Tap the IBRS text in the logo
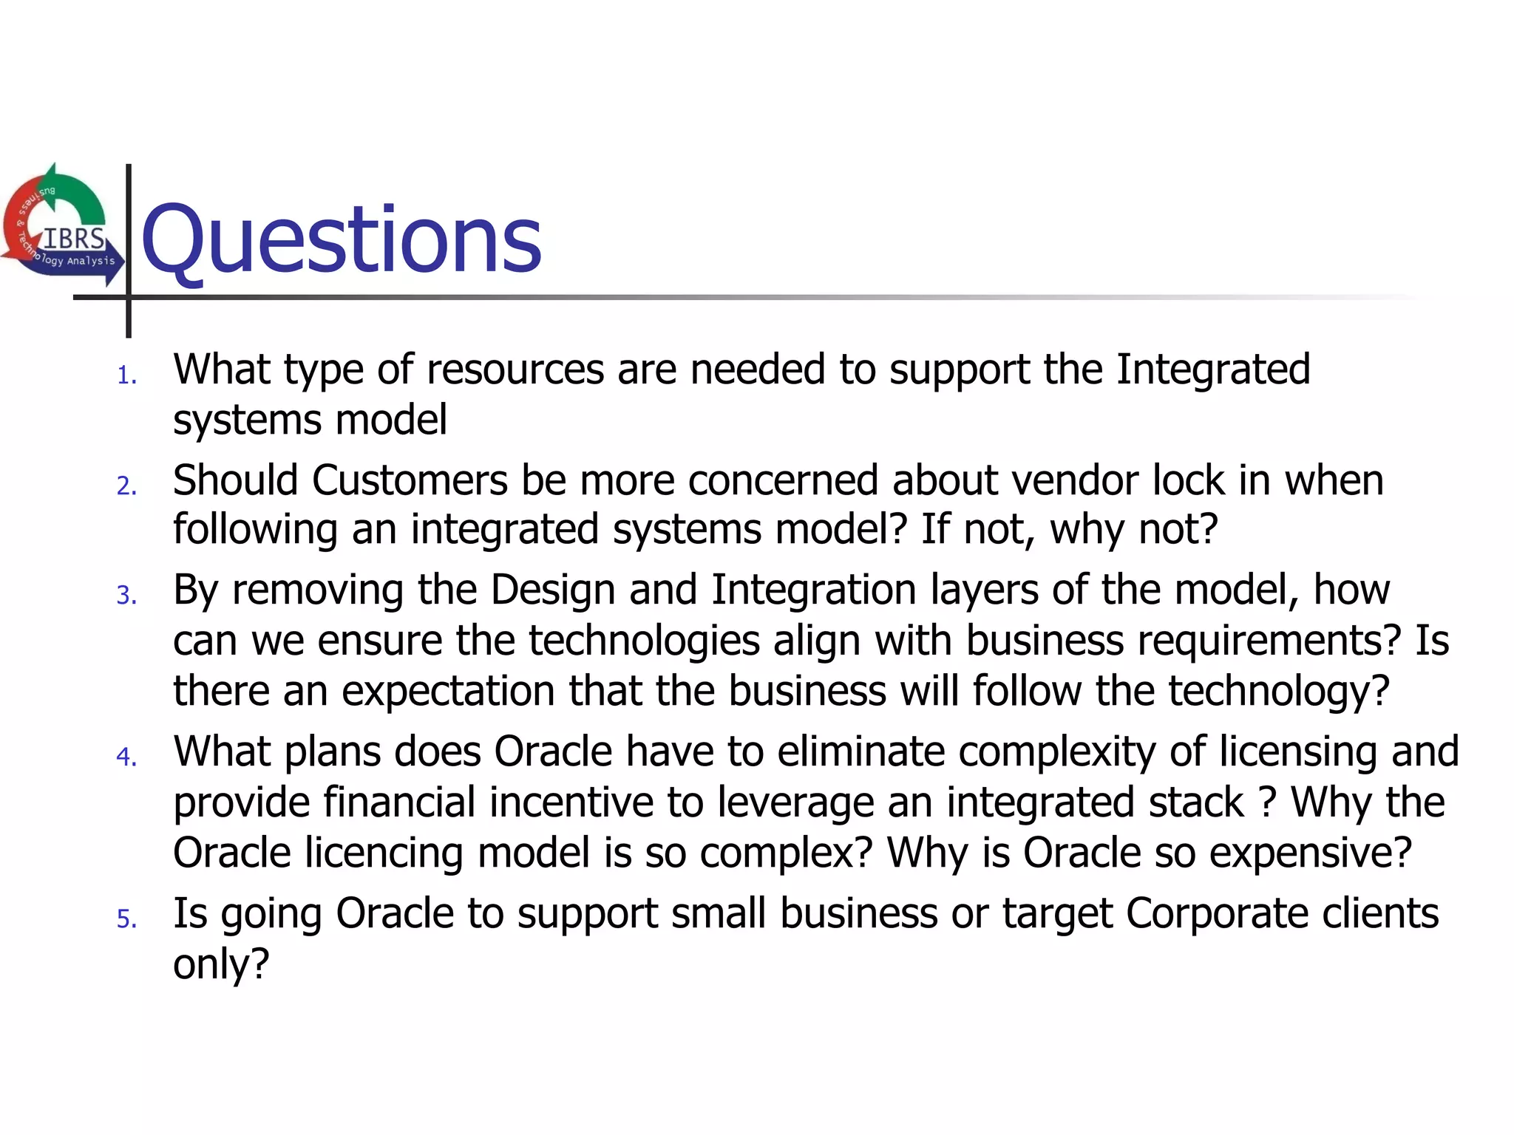[74, 239]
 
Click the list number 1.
[126, 376]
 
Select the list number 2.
[126, 486]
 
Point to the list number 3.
[126, 596]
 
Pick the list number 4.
[126, 757]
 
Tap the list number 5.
[126, 919]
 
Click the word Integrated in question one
[1212, 369]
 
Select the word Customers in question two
[410, 480]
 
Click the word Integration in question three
[813, 590]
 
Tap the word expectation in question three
[448, 691]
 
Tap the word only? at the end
[221, 964]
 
